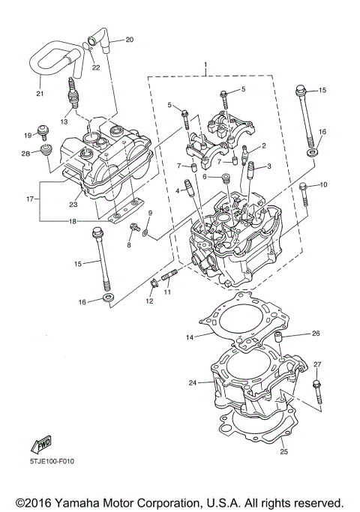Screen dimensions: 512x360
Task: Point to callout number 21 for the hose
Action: coord(40,94)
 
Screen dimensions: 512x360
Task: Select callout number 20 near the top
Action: coord(129,39)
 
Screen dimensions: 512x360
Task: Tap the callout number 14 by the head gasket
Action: coord(190,337)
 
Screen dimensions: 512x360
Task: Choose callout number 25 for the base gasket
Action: coord(283,451)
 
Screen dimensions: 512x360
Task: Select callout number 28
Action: coord(25,154)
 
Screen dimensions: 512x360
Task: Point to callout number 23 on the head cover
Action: coord(73,204)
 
